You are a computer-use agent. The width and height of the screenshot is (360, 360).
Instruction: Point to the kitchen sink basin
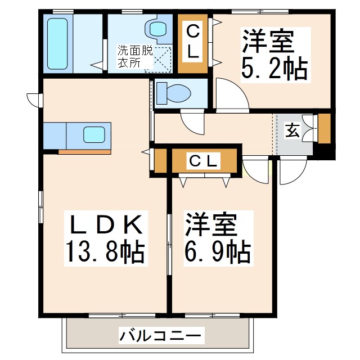point(94,135)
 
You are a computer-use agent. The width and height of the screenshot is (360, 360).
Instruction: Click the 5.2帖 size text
point(274,69)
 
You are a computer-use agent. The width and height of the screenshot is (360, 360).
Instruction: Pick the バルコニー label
point(160,337)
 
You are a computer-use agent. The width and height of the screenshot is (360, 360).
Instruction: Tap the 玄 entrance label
point(292,131)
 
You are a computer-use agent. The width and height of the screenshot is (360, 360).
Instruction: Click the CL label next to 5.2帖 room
point(192,42)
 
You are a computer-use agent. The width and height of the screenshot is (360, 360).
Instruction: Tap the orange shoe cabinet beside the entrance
point(325,129)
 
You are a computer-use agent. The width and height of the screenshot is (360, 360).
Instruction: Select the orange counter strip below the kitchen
point(85,151)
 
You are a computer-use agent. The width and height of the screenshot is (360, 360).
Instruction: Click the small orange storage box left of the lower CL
point(160,161)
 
